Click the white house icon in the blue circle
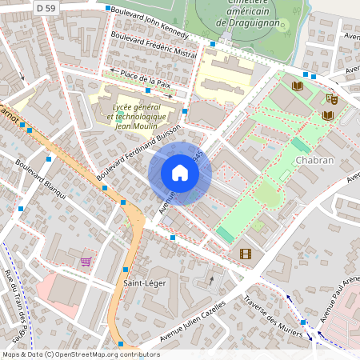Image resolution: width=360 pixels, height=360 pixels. click(180, 173)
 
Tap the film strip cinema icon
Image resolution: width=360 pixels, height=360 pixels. click(245, 254)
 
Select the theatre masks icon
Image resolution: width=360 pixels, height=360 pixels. click(331, 98)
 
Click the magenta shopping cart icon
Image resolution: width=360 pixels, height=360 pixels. click(86, 262)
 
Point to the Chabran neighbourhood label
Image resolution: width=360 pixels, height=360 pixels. click(314, 160)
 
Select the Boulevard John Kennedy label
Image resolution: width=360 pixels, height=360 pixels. click(150, 22)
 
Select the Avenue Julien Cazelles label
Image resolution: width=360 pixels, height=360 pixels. click(194, 324)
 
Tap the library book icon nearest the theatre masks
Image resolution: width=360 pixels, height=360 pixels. click(328, 116)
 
